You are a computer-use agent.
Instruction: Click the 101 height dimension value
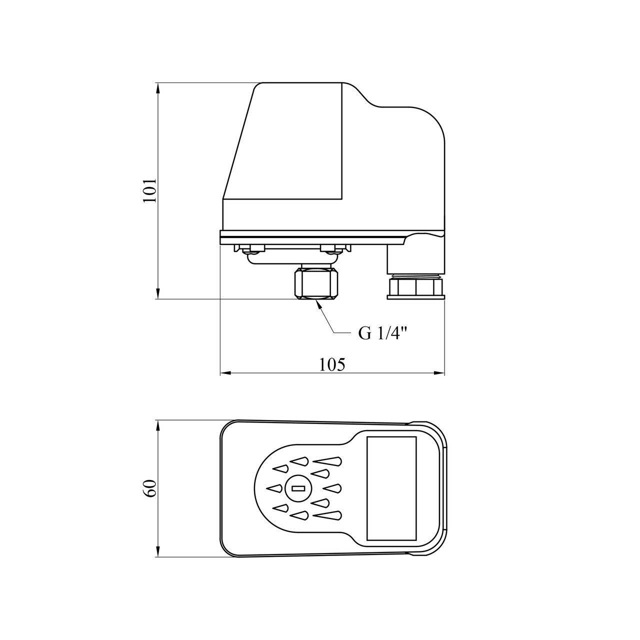pos(149,190)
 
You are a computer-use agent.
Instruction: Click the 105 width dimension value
pos(332,364)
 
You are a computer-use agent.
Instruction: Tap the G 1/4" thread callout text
pos(383,334)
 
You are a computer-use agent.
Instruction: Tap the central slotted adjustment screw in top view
pos(298,488)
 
